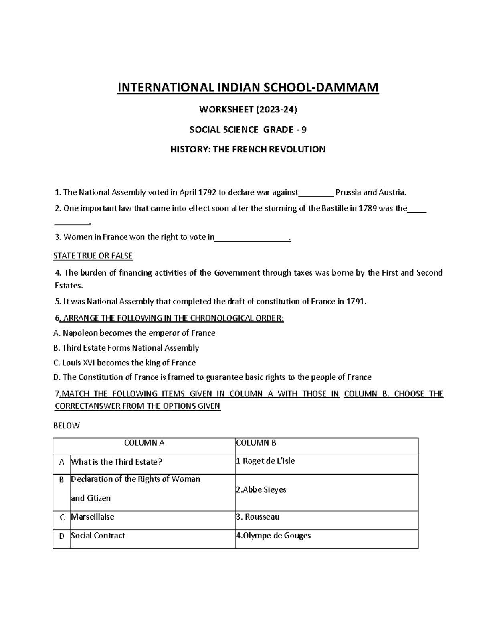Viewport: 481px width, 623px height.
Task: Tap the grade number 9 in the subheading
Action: coord(305,129)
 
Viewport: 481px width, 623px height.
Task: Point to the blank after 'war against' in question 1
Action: coord(316,193)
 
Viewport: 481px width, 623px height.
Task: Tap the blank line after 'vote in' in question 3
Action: coord(252,238)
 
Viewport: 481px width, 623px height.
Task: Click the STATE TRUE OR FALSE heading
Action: coord(93,256)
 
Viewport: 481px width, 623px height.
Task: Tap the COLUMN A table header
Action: coord(144,443)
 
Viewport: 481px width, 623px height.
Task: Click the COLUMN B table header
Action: coord(256,443)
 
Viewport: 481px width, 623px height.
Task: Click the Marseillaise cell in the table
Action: coord(93,517)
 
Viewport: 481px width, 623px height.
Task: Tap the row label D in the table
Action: coord(61,536)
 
